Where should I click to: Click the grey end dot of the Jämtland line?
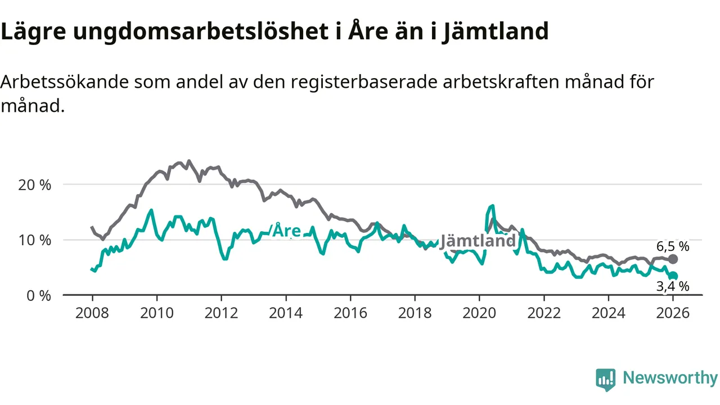(673, 259)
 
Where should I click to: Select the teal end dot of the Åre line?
(673, 276)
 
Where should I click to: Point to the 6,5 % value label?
(673, 246)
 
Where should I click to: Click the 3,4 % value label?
(673, 286)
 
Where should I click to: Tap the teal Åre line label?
(286, 231)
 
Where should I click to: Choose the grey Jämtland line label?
(478, 241)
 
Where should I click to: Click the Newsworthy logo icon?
(606, 380)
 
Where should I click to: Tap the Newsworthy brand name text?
(670, 378)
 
